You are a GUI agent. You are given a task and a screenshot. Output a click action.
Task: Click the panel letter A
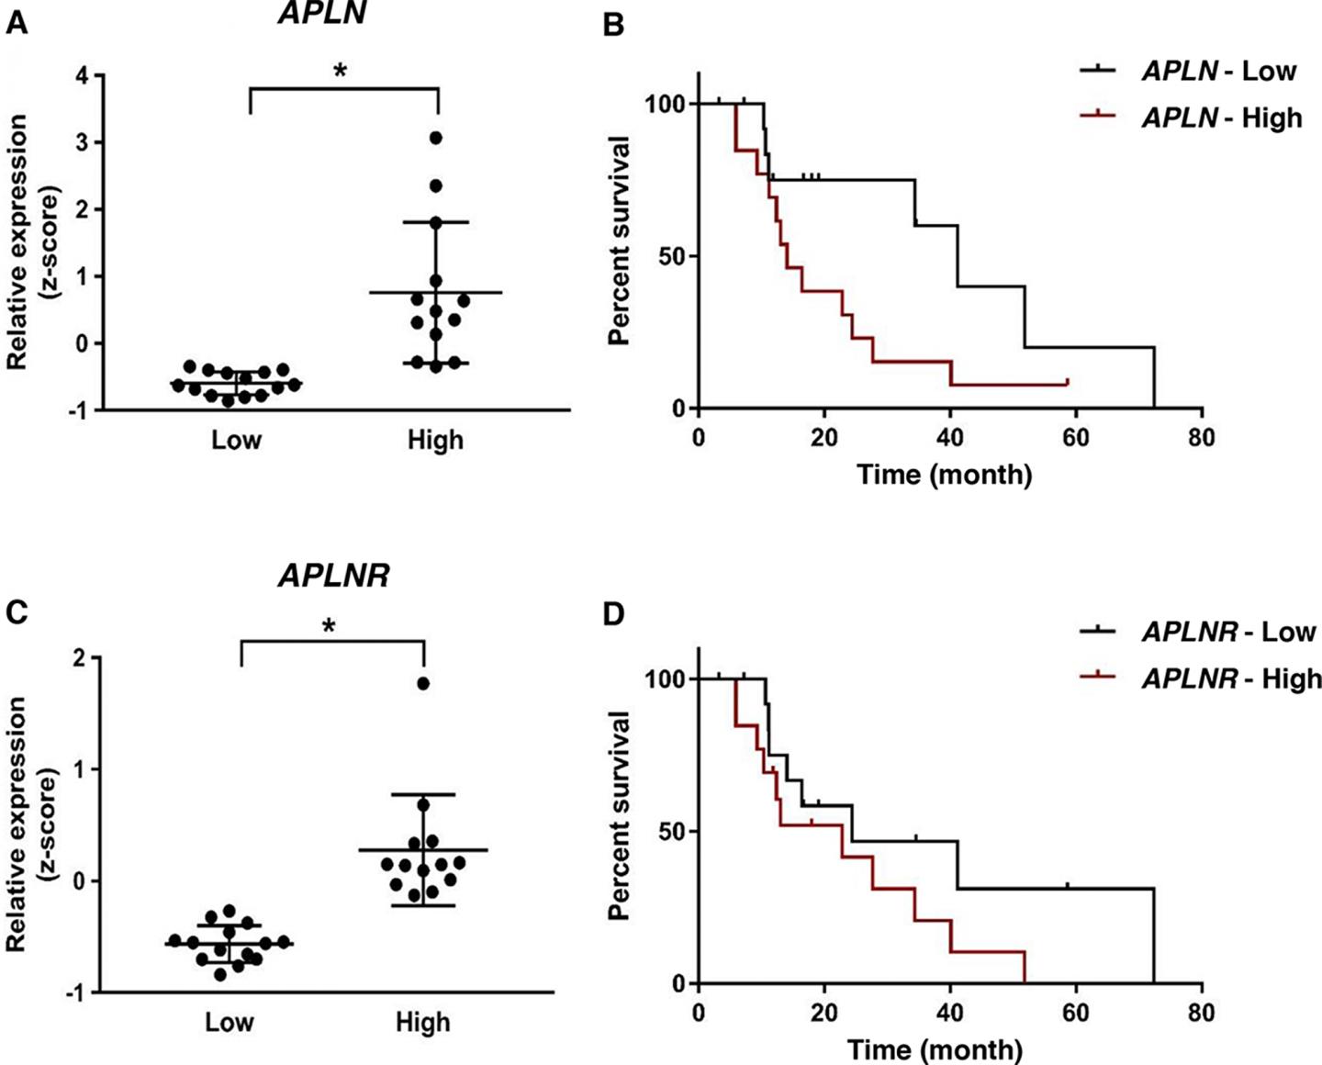(x=16, y=22)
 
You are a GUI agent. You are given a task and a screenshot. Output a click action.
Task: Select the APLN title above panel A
(x=321, y=13)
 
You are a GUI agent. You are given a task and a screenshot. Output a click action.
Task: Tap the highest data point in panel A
(x=435, y=138)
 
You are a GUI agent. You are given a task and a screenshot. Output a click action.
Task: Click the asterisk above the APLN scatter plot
(x=341, y=71)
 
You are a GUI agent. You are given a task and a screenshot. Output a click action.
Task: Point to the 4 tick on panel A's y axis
(x=83, y=76)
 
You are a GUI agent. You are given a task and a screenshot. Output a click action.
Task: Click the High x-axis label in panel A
(x=435, y=441)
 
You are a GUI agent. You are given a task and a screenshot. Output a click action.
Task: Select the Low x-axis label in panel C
(x=230, y=1022)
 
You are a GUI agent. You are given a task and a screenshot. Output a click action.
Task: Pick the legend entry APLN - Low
(x=1218, y=71)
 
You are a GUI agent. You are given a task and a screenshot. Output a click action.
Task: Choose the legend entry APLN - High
(x=1221, y=118)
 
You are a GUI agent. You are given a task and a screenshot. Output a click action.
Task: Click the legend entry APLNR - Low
(x=1228, y=632)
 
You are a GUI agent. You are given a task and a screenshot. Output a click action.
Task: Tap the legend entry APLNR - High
(x=1231, y=678)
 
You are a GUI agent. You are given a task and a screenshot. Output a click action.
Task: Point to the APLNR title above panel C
(x=334, y=576)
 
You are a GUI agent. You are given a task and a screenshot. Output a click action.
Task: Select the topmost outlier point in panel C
(x=423, y=683)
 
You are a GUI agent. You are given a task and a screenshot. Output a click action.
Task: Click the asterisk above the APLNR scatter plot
(x=329, y=627)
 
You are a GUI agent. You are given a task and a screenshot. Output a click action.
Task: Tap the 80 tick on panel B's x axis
(x=1201, y=437)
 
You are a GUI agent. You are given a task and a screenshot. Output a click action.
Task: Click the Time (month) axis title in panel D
(x=935, y=1048)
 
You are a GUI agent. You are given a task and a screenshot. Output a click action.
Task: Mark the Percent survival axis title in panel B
(x=620, y=241)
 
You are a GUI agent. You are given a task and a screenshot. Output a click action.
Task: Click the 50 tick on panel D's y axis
(x=674, y=831)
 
